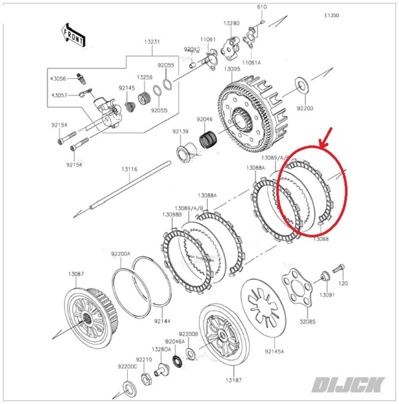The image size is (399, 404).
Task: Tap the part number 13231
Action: (x=152, y=42)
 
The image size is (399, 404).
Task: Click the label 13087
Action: (x=76, y=274)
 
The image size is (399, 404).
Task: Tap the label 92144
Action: (x=162, y=321)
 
